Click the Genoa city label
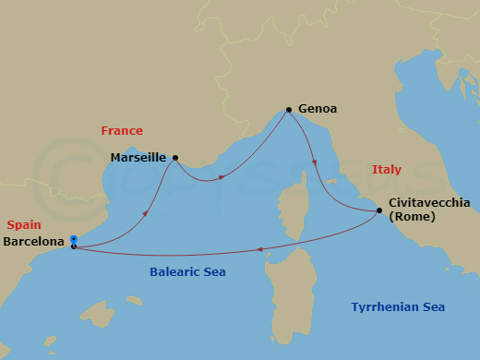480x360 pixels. (318, 109)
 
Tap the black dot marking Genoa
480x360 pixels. (289, 110)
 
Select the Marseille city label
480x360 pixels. (138, 158)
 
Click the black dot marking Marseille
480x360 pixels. (175, 157)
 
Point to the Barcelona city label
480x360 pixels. (35, 242)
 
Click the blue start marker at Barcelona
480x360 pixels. (74, 240)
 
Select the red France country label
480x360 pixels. (122, 132)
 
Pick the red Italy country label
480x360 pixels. (387, 170)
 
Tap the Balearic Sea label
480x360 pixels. (187, 272)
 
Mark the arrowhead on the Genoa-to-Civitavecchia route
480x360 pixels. (315, 162)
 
